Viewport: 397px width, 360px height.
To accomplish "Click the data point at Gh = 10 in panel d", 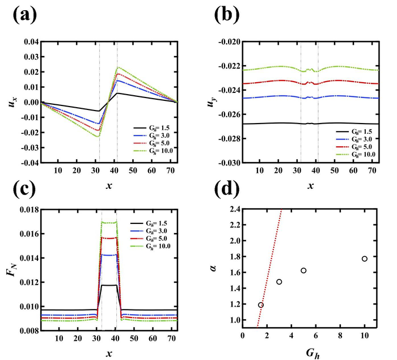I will [365, 259].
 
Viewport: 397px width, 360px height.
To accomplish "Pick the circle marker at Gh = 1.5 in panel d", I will [261, 305].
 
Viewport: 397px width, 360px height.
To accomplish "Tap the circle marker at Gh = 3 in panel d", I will [279, 282].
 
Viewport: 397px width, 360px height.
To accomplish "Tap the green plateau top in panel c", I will [109, 222].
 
